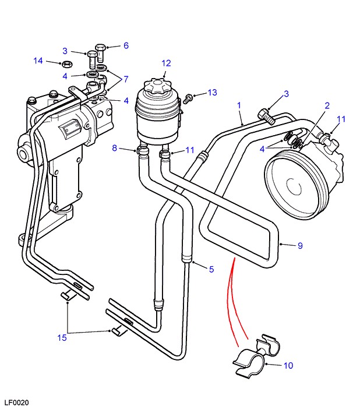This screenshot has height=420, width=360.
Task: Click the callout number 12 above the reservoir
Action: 166,63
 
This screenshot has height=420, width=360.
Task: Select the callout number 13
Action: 211,93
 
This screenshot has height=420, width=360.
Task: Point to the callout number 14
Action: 38,61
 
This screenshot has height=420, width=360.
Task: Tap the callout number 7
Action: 125,79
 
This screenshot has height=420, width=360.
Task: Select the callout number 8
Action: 115,149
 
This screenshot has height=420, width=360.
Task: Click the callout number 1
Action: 239,105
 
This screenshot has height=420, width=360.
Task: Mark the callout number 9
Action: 300,245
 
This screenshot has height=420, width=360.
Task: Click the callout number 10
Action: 288,366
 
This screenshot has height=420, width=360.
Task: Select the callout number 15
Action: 61,337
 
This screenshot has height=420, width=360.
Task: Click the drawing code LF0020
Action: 16,403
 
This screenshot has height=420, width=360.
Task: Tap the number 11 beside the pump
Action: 341,119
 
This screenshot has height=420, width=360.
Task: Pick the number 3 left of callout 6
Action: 81,51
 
